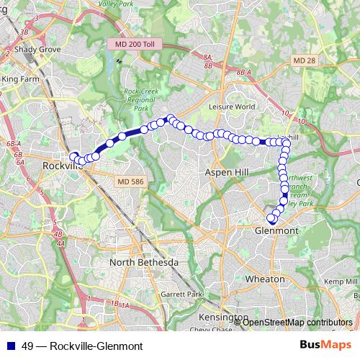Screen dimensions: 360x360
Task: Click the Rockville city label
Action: [59, 166]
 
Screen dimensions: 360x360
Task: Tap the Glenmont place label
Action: [277, 230]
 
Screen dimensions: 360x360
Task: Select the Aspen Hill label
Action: [227, 174]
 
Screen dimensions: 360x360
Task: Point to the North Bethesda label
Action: [143, 263]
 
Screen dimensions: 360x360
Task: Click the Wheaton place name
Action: [266, 278]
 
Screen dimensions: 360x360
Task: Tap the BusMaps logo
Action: [325, 346]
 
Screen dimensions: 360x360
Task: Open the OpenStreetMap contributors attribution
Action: [298, 323]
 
